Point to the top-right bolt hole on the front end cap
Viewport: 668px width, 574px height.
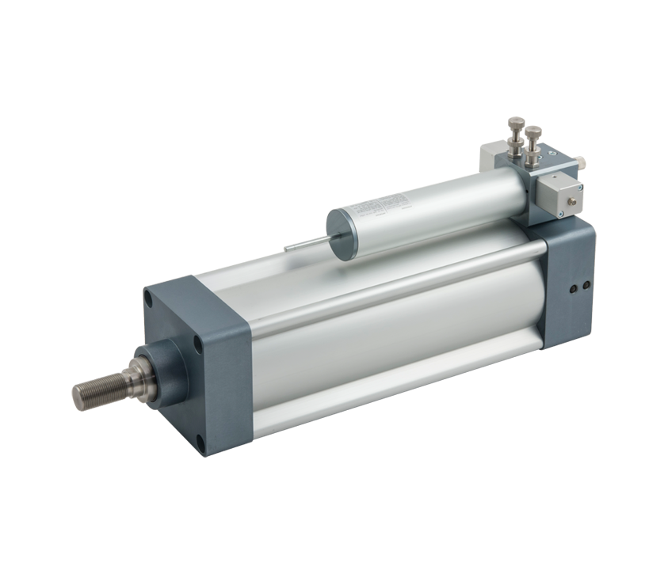pos(197,342)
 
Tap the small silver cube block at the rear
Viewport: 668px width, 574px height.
pos(559,195)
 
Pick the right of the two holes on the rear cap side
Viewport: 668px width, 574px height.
pos(585,286)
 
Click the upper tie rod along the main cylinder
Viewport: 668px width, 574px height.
pos(396,284)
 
